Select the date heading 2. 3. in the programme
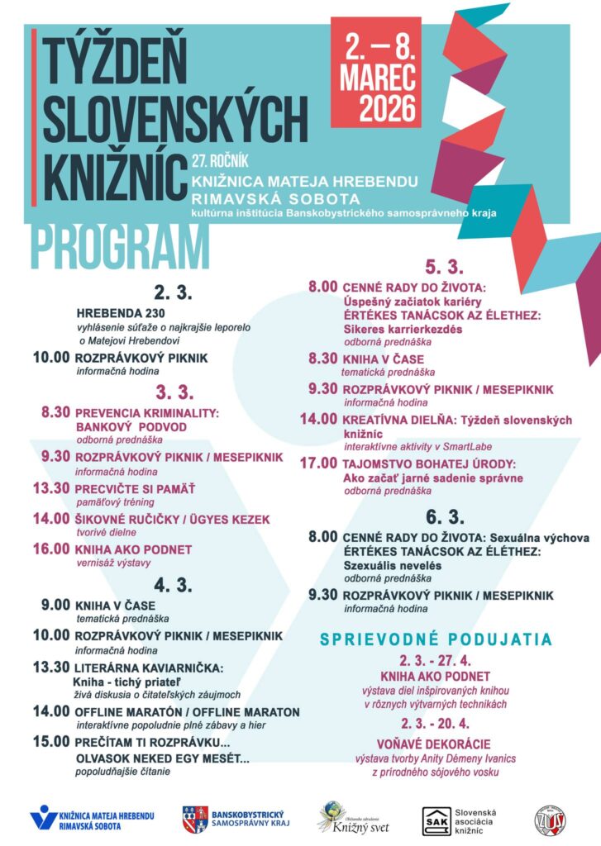coord(172,292)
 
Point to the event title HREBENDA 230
coord(121,313)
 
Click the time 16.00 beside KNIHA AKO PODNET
coord(51,549)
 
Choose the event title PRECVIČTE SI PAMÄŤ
coord(133,488)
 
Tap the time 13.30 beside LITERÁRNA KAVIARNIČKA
coord(51,667)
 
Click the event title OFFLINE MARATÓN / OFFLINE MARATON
coord(188,711)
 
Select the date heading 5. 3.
coord(444,267)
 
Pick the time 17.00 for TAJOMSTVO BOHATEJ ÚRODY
coord(318,463)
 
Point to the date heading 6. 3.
coord(444,517)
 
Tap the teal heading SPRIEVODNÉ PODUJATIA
coord(436,639)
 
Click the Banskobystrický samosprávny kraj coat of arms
coord(194,819)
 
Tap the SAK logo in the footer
coord(436,820)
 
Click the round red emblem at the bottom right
coord(550,819)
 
